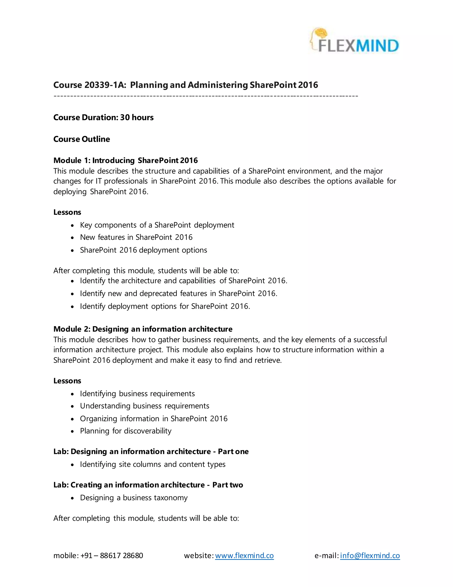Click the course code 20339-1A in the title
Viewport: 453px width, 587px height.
point(105,85)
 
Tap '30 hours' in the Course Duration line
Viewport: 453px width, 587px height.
point(137,117)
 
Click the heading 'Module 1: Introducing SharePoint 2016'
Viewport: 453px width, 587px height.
point(125,160)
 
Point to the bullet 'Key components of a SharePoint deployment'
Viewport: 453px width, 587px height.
point(157,225)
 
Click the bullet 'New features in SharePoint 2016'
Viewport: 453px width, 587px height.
point(136,237)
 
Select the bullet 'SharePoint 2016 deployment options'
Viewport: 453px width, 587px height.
point(143,250)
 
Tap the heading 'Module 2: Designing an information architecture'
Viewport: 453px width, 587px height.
point(143,329)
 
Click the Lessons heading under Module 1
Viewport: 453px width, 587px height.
point(67,212)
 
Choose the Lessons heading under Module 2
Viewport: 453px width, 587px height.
point(67,381)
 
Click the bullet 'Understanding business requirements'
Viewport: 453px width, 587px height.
point(144,406)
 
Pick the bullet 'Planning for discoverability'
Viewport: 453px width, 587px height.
point(126,431)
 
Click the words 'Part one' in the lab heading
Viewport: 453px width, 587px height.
point(233,451)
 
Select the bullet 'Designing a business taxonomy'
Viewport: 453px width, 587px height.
point(134,498)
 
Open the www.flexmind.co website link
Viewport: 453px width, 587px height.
point(244,556)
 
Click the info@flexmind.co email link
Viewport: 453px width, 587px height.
point(370,556)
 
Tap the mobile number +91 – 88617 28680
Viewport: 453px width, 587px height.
point(112,556)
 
